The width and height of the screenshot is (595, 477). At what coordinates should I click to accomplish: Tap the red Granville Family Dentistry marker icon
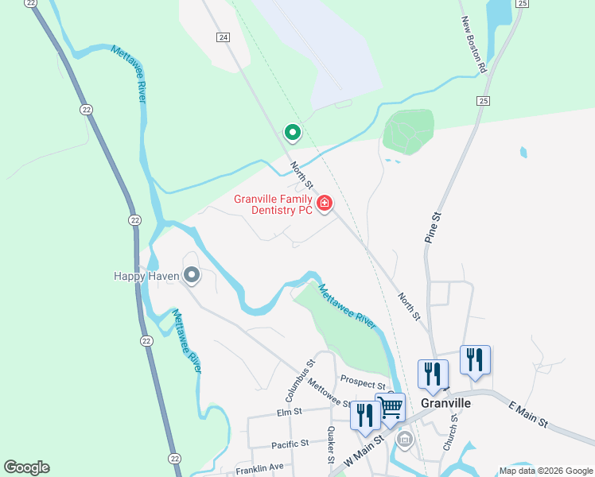tap(324, 204)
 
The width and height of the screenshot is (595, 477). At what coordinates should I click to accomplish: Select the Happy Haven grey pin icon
tap(191, 276)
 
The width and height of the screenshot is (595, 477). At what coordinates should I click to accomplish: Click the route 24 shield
tap(223, 37)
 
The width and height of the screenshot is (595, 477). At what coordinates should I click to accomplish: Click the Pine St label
tap(433, 227)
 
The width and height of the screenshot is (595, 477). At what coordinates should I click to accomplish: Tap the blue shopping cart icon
tap(390, 408)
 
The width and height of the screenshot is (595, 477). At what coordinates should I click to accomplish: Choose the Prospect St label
tap(362, 384)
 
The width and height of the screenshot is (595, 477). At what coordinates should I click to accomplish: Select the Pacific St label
tap(290, 443)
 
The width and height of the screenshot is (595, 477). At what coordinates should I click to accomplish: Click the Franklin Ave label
tap(259, 468)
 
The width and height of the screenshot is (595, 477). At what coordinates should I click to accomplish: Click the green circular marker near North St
tap(292, 133)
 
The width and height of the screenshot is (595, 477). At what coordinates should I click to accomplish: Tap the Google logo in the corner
tap(26, 467)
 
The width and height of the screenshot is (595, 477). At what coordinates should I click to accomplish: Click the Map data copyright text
tap(545, 471)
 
